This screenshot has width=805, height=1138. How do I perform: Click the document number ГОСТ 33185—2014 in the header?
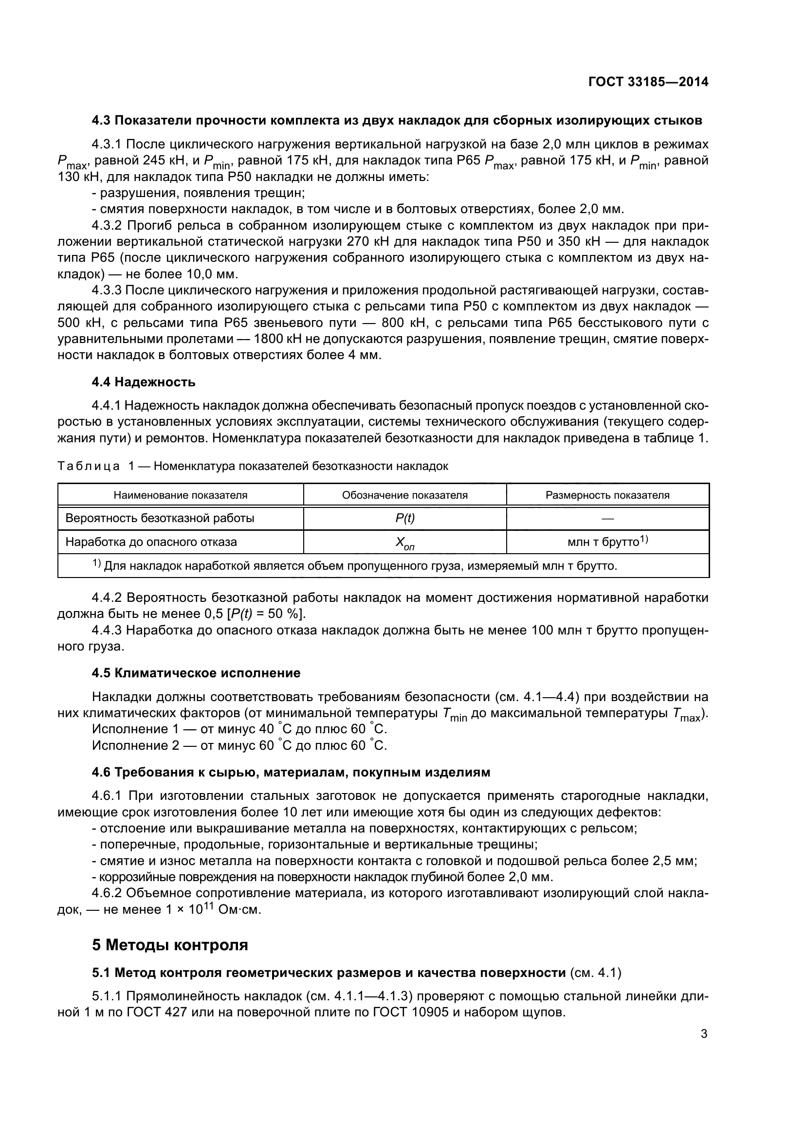(648, 82)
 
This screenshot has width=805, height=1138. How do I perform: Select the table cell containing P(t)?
(404, 519)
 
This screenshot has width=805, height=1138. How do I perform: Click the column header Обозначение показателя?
(404, 495)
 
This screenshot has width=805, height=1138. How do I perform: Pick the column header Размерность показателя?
(607, 495)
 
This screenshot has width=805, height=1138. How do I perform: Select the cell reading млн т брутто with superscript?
(608, 542)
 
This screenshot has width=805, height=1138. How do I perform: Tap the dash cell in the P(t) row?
(607, 519)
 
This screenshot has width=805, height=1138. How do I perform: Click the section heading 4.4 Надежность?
(144, 382)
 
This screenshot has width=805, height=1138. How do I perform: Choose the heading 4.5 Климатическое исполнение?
(196, 673)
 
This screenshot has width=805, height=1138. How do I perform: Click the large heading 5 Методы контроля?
(170, 945)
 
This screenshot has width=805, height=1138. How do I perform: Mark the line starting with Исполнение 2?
(239, 745)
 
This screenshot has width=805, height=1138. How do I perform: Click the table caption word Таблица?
(89, 467)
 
